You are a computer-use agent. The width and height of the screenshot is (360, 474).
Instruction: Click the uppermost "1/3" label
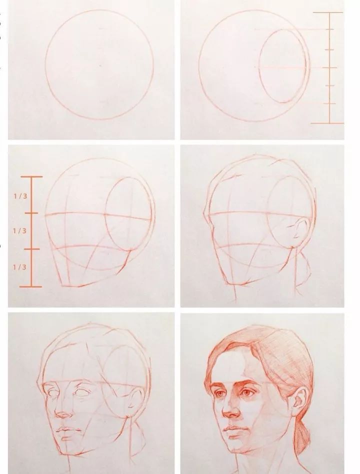pos(19,195)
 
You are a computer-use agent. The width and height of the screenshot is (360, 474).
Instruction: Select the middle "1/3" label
pos(19,231)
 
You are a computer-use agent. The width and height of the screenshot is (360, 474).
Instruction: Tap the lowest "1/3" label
pos(19,267)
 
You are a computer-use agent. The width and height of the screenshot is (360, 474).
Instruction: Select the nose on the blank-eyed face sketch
pos(63,412)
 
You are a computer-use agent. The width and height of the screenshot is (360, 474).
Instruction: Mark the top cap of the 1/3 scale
pos(31,176)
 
